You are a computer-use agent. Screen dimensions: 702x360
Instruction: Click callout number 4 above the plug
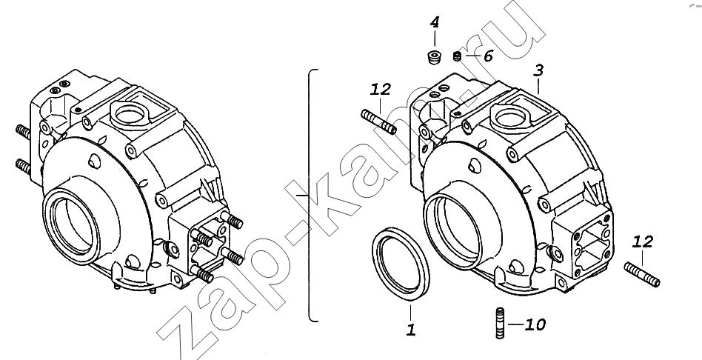435,22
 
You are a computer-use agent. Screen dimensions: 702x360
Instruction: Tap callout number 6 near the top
487,56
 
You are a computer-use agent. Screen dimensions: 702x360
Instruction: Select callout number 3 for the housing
538,71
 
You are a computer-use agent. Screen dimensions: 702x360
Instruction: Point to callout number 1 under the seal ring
411,330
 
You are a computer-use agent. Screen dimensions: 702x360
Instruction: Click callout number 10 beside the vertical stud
535,324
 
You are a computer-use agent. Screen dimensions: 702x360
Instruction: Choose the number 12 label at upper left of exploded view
380,90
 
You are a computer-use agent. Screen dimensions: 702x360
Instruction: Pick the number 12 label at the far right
643,242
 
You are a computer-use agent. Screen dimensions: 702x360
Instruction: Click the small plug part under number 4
434,58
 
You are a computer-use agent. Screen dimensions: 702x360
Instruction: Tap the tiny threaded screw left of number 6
457,56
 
